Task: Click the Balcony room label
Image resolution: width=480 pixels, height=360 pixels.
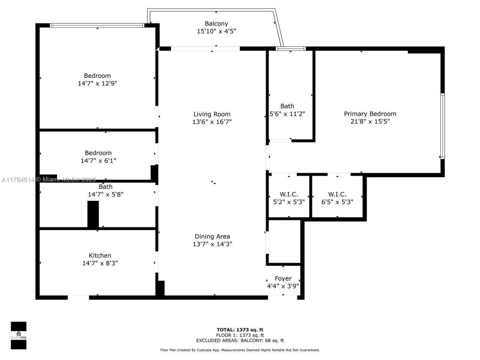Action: (x=216, y=24)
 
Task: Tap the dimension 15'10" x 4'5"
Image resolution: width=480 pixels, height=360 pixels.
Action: (x=216, y=31)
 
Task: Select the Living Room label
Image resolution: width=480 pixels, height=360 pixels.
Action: (x=212, y=114)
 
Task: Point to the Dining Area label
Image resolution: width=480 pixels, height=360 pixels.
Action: (x=212, y=237)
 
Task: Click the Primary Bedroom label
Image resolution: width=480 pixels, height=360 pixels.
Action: (x=370, y=114)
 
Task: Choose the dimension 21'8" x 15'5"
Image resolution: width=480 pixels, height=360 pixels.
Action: (x=370, y=121)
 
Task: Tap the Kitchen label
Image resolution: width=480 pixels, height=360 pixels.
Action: (x=100, y=256)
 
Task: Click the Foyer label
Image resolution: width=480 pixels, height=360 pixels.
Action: (x=283, y=279)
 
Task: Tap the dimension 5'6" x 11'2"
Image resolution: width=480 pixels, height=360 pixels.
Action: (x=287, y=114)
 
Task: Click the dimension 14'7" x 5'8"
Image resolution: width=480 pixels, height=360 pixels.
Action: (x=105, y=195)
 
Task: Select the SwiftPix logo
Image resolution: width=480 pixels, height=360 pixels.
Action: (x=18, y=335)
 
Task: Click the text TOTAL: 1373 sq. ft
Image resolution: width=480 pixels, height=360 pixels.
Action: (x=240, y=330)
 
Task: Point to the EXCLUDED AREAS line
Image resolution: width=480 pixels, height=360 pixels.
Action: (x=240, y=340)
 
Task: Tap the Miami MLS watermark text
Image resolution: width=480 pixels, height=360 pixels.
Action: (x=49, y=180)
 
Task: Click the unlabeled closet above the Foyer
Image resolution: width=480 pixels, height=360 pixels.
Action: (x=284, y=242)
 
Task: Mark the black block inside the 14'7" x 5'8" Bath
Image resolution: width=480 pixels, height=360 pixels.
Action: (x=93, y=214)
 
